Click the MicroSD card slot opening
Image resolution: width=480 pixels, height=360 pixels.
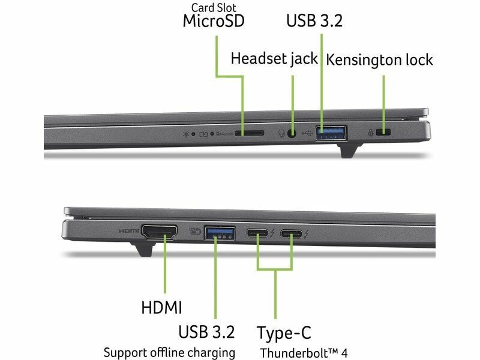click(x=250, y=133)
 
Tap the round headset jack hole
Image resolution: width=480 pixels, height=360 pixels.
click(x=292, y=133)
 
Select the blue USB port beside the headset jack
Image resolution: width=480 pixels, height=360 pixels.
click(x=332, y=133)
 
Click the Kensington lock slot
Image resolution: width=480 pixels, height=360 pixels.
click(x=383, y=133)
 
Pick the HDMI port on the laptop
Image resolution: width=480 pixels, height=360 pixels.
click(x=159, y=232)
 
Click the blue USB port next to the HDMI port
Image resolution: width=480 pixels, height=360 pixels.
click(x=220, y=233)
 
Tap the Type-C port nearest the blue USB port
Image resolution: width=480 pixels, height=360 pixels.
click(x=257, y=233)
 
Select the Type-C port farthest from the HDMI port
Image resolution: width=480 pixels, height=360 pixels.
click(x=292, y=234)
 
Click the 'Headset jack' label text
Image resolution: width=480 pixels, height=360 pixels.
click(x=274, y=59)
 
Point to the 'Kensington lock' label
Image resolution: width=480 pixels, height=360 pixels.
click(x=379, y=59)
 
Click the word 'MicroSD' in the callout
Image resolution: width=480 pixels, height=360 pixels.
click(x=214, y=21)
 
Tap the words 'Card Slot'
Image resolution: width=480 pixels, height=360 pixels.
click(x=214, y=8)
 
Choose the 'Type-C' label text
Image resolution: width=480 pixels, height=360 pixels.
click(x=284, y=333)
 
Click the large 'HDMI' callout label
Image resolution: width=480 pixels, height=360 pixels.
click(x=161, y=307)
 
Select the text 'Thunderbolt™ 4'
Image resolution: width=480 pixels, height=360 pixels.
click(x=304, y=353)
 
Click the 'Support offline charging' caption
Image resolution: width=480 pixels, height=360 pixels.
click(x=169, y=353)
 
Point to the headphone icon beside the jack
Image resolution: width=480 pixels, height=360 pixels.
click(x=281, y=133)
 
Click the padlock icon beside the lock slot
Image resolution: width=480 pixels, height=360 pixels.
click(x=370, y=133)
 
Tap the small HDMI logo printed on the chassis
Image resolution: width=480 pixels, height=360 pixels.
click(x=128, y=230)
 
